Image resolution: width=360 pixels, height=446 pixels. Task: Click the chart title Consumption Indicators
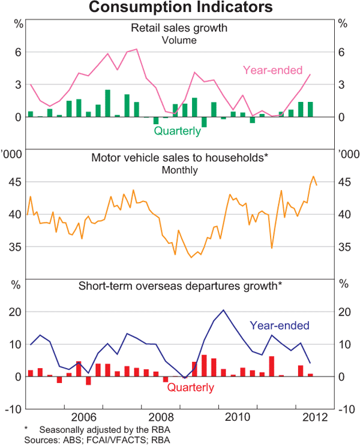pyautogui.click(x=181, y=8)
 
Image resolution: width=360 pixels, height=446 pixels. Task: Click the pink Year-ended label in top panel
pyautogui.click(x=272, y=70)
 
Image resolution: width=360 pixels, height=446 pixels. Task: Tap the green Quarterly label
pyautogui.click(x=177, y=130)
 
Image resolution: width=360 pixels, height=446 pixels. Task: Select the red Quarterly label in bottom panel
pyautogui.click(x=190, y=387)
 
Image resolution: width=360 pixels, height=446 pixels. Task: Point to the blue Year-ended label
pyautogui.click(x=280, y=326)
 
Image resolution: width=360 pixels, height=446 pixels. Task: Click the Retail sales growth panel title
pyautogui.click(x=180, y=28)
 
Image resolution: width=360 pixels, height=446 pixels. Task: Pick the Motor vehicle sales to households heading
pyautogui.click(x=179, y=158)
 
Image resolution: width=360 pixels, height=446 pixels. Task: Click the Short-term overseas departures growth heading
pyautogui.click(x=180, y=285)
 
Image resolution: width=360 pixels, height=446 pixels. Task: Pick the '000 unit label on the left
pyautogui.click(x=13, y=154)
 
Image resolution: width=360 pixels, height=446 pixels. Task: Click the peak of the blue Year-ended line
pyautogui.click(x=223, y=310)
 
